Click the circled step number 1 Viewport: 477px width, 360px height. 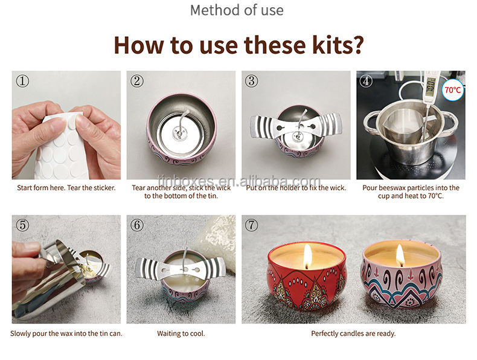point(22,82)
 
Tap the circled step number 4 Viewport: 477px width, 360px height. point(366,81)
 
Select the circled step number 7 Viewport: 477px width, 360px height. point(251,225)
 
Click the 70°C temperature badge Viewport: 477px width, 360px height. point(453,90)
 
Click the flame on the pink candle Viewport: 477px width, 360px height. point(400,256)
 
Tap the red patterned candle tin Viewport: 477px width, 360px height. point(307,276)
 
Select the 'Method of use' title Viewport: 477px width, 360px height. point(237,10)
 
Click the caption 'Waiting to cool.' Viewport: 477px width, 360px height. point(181,333)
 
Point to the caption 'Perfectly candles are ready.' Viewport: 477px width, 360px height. point(353,333)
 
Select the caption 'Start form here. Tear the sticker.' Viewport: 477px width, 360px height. point(66,188)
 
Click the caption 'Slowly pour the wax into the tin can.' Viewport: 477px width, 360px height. point(66,333)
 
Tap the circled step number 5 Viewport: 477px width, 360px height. point(22,225)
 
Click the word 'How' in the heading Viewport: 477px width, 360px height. point(138,45)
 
